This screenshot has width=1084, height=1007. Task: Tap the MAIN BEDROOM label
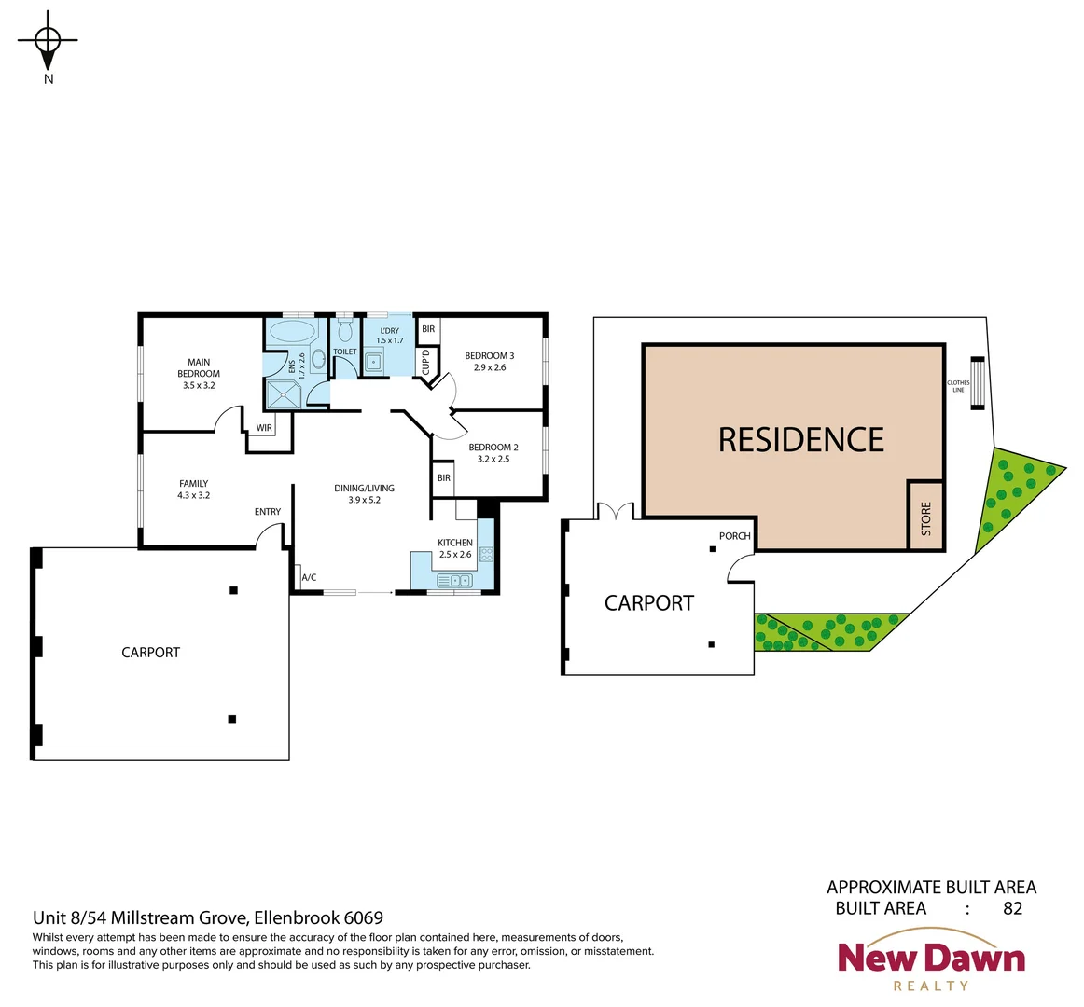pyautogui.click(x=199, y=367)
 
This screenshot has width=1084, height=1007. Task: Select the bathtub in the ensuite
pyautogui.click(x=292, y=333)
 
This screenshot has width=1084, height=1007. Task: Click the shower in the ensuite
pyautogui.click(x=285, y=394)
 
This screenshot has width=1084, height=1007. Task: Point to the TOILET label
pyautogui.click(x=345, y=352)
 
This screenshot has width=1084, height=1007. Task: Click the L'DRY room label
pyautogui.click(x=389, y=331)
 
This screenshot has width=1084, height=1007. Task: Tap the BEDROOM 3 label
pyautogui.click(x=489, y=355)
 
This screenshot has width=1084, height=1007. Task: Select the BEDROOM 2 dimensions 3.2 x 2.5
pyautogui.click(x=493, y=459)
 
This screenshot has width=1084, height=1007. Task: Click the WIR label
pyautogui.click(x=264, y=428)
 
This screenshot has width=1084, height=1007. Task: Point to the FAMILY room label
pyautogui.click(x=194, y=483)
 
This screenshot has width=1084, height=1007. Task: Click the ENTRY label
pyautogui.click(x=268, y=511)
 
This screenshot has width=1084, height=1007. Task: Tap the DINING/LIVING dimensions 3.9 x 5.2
pyautogui.click(x=364, y=500)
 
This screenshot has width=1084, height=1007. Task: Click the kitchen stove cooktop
pyautogui.click(x=486, y=555)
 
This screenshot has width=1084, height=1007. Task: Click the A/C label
pyautogui.click(x=309, y=578)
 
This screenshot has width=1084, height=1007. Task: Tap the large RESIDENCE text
pyautogui.click(x=800, y=439)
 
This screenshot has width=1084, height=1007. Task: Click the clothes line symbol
pyautogui.click(x=977, y=383)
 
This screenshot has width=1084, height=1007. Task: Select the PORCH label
pyautogui.click(x=734, y=536)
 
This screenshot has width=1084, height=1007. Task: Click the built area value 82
pyautogui.click(x=1012, y=908)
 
